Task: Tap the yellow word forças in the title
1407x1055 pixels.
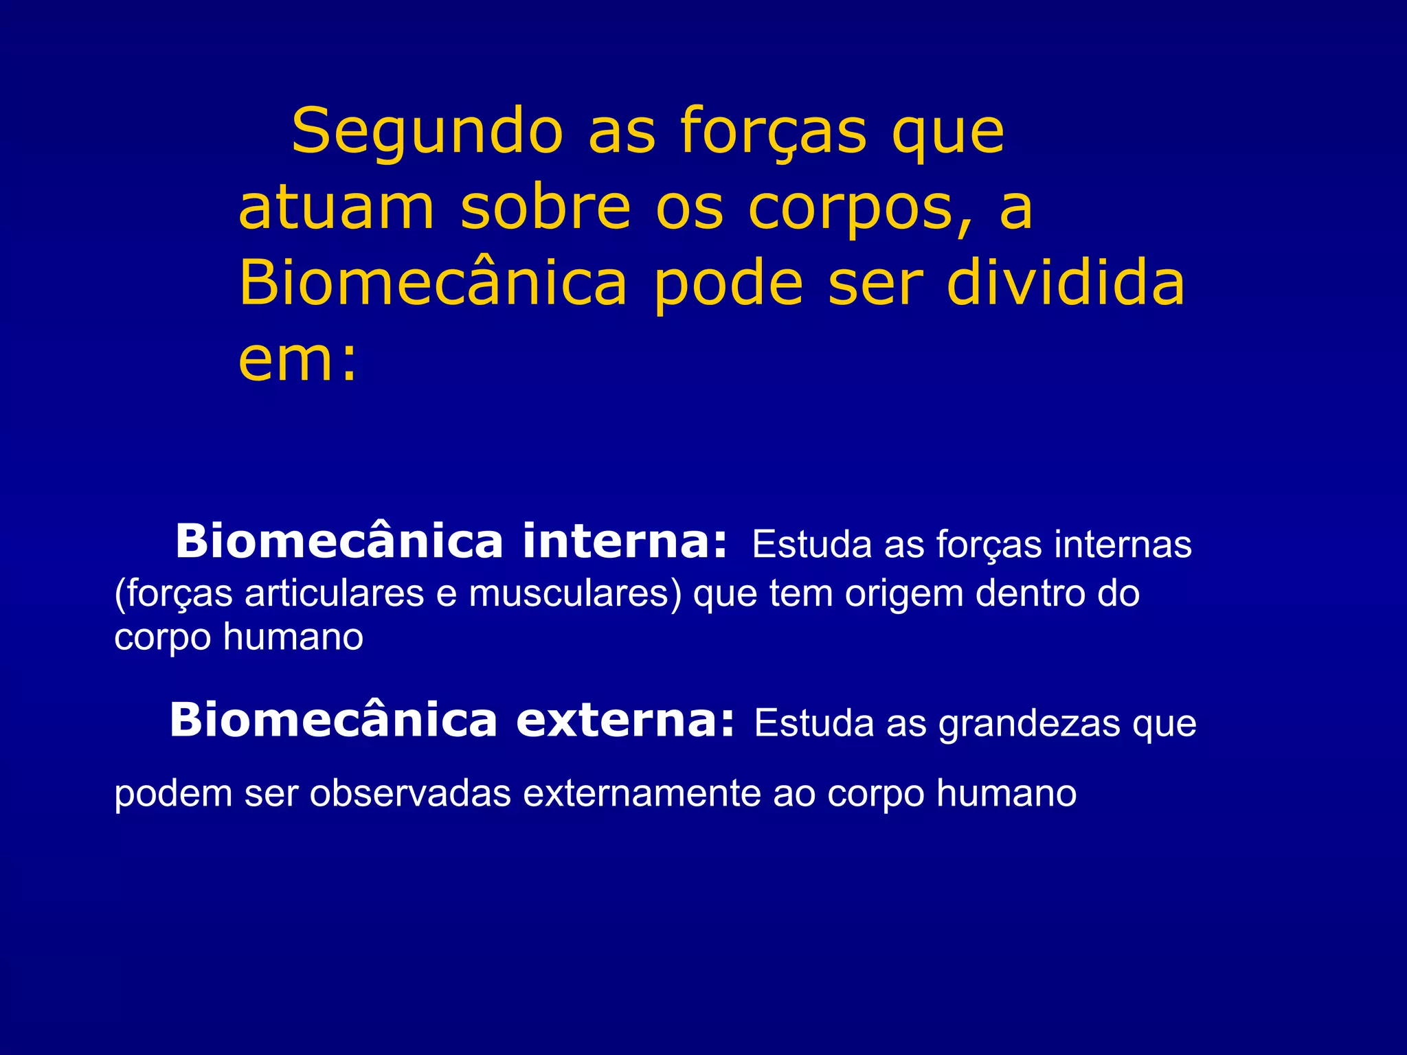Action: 774,132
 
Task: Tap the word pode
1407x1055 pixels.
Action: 728,285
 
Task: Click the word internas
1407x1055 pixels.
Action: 1123,545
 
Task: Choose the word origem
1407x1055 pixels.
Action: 904,595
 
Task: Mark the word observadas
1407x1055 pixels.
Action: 410,793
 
